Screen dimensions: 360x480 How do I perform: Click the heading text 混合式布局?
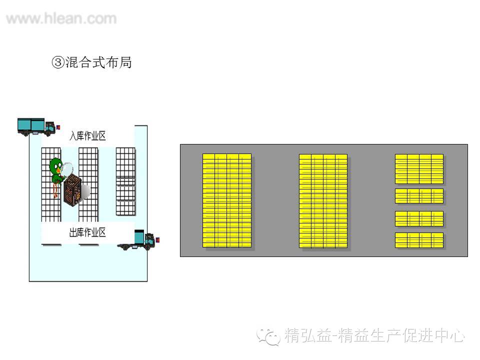[x=98, y=62]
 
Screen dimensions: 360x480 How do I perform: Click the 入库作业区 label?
[x=87, y=135]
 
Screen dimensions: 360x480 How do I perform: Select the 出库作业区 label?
[x=87, y=232]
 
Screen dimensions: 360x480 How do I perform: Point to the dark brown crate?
[x=72, y=189]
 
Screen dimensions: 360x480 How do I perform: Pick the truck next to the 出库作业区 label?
[x=139, y=239]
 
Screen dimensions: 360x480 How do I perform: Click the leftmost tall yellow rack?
[x=227, y=200]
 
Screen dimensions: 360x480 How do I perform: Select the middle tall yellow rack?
[x=323, y=200]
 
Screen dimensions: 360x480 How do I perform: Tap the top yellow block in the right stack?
[x=419, y=169]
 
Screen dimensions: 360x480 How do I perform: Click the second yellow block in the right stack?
[x=419, y=196]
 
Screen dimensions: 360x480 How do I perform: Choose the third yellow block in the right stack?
[x=419, y=219]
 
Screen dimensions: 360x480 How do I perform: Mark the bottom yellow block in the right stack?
[x=419, y=240]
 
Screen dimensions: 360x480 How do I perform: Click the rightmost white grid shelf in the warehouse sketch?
[x=125, y=181]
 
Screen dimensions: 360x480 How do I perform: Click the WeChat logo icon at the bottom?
[x=268, y=335]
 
